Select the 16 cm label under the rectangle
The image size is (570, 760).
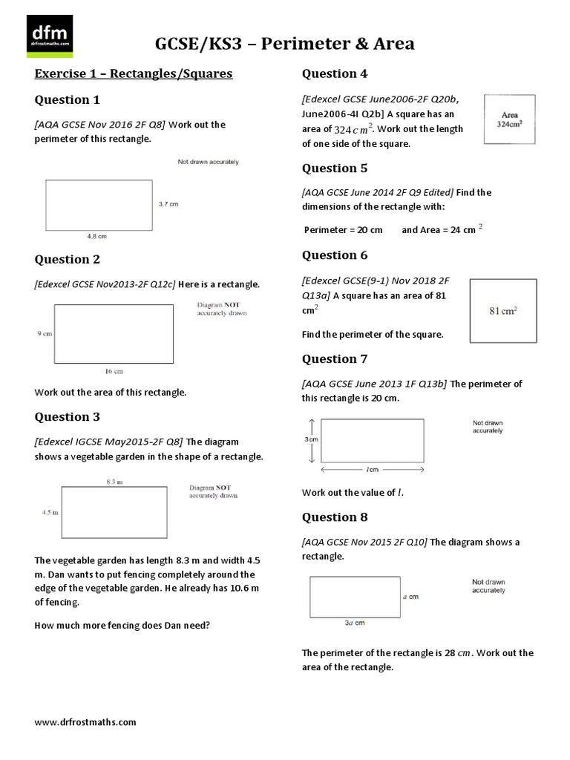coord(114,370)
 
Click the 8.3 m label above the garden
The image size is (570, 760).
coord(114,482)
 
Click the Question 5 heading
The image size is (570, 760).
coord(334,168)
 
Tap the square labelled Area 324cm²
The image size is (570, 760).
coord(510,119)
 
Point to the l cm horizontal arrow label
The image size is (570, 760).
coord(372,470)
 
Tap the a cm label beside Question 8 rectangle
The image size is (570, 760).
coord(410,596)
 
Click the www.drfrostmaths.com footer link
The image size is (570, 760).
coord(85,721)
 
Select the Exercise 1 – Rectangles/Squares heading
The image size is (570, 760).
coord(134,73)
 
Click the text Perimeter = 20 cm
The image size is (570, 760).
coord(343,230)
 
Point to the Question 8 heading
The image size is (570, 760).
coord(334,517)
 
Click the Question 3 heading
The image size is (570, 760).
coord(68,417)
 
